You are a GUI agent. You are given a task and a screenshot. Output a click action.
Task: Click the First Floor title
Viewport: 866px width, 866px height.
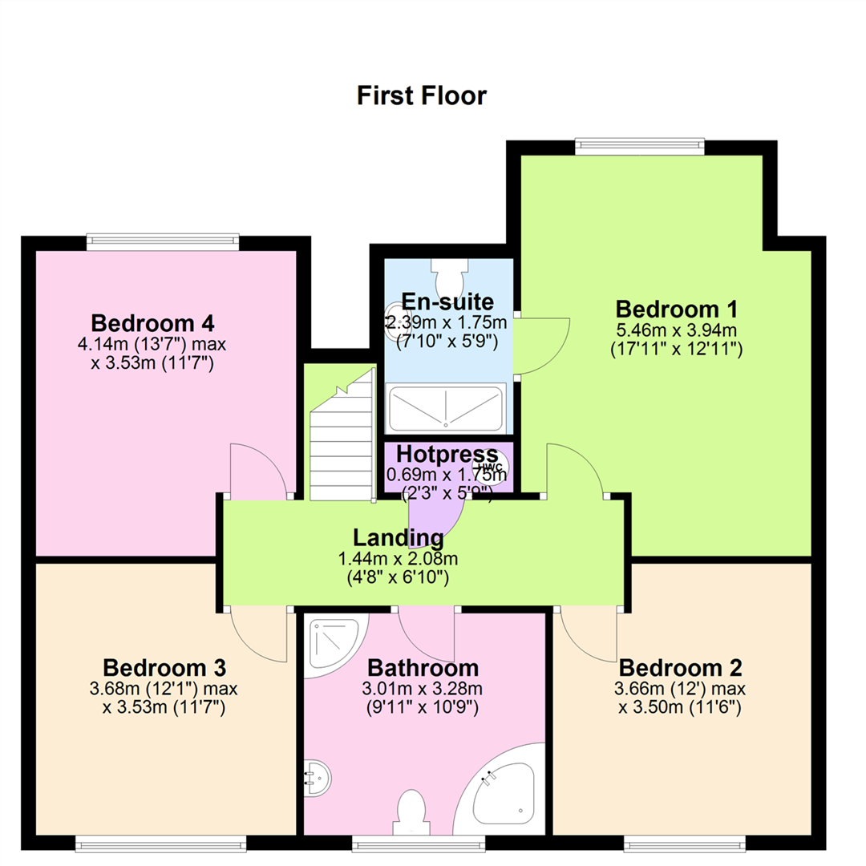click(x=422, y=95)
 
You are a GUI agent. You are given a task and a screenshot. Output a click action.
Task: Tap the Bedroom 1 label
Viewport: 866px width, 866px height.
click(x=676, y=309)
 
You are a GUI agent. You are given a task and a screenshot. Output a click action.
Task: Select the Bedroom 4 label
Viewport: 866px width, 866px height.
click(x=152, y=323)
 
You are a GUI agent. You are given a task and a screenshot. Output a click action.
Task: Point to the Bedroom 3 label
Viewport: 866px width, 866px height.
click(x=164, y=668)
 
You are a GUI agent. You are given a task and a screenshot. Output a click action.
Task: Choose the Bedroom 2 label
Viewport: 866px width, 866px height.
click(x=680, y=668)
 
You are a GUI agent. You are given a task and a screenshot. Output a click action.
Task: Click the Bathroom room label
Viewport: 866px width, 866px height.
click(x=423, y=668)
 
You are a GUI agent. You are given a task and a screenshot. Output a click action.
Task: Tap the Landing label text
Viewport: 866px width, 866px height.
click(x=399, y=537)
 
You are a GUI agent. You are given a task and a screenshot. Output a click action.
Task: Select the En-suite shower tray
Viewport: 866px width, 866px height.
click(x=447, y=408)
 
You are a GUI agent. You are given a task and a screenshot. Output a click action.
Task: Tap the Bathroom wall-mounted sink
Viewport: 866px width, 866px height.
click(x=317, y=778)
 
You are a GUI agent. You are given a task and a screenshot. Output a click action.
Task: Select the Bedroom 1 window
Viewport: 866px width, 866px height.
click(x=640, y=147)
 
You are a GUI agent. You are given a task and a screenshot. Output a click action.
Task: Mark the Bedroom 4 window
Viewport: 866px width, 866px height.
click(x=163, y=242)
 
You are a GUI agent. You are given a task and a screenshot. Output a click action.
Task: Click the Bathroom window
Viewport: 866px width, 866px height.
click(x=419, y=843)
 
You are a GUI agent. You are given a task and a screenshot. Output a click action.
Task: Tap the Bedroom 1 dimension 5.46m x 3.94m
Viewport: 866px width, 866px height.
click(x=676, y=330)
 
